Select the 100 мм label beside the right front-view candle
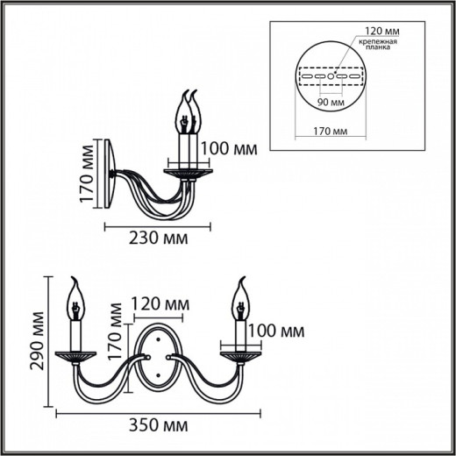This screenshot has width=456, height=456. point(278,331)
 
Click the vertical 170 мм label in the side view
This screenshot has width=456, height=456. point(86,175)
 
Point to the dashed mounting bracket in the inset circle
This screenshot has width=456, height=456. point(331,76)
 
